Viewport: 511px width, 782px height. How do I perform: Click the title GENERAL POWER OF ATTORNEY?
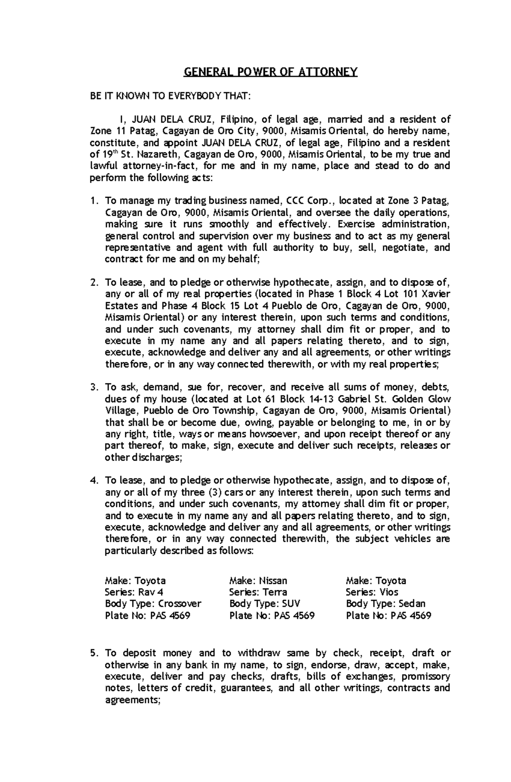270,72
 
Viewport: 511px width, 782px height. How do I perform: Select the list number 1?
95,201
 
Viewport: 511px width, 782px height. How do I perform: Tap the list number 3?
95,387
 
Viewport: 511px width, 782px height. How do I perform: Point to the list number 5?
95,653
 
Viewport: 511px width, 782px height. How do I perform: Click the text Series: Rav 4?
134,592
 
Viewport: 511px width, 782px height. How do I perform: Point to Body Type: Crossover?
153,603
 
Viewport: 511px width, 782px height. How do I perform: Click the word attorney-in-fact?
144,166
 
